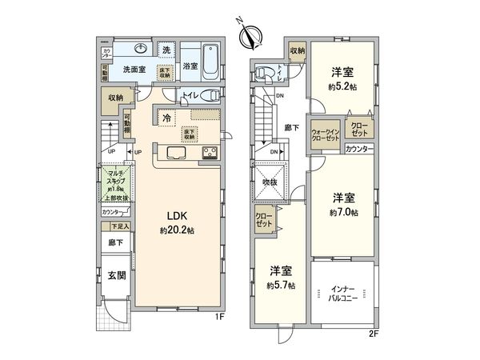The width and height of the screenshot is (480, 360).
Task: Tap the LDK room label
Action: (178, 214)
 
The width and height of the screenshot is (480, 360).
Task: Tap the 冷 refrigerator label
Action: (166, 118)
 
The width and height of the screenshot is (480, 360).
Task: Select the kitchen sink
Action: (177, 153)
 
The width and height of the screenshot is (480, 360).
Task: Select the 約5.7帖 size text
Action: (282, 286)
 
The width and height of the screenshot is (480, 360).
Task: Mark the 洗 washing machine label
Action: (166, 50)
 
